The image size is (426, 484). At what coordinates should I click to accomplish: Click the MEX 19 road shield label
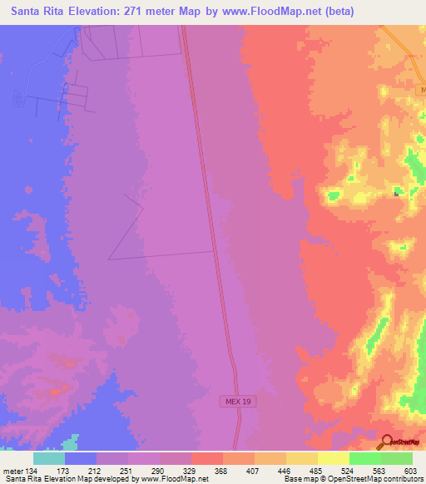[236, 402]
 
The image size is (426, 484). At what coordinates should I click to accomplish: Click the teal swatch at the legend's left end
[48, 458]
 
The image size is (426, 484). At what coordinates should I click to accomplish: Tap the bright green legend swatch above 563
[364, 458]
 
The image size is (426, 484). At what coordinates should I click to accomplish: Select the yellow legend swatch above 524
[333, 458]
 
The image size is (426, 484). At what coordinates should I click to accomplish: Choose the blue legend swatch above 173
[80, 458]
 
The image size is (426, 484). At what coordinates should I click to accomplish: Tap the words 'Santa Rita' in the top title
[34, 12]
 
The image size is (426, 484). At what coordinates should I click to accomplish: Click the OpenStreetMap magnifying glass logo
[385, 442]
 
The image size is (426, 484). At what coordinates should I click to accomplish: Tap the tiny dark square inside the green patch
[396, 193]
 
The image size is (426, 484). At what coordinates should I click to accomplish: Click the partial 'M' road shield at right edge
[422, 88]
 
